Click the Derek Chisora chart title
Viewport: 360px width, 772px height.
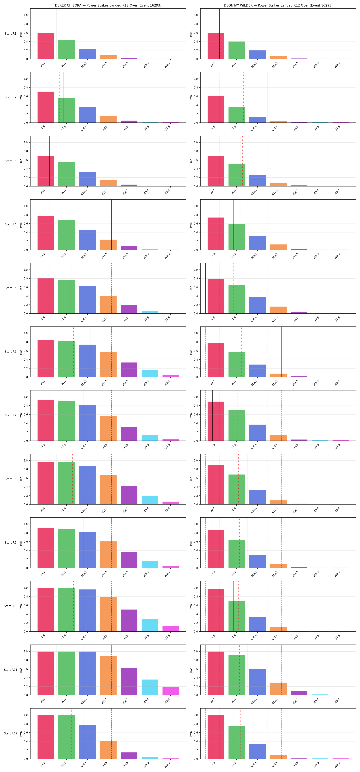[108, 5]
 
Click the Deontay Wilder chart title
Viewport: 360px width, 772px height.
[278, 5]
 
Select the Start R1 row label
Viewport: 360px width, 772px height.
[10, 34]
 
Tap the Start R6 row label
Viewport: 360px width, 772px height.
[10, 352]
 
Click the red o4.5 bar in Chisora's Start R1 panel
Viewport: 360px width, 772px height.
[46, 46]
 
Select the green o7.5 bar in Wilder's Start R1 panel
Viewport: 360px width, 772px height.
[237, 50]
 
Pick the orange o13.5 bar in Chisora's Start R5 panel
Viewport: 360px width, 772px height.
[108, 305]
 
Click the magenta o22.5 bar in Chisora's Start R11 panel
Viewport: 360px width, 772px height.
[171, 691]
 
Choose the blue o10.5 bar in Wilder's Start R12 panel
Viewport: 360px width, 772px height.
[257, 751]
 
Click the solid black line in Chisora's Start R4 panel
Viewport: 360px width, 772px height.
[112, 224]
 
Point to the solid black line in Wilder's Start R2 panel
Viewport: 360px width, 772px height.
[268, 97]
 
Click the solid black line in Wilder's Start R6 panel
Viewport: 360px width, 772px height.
[281, 352]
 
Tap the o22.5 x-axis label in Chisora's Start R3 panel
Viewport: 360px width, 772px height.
[167, 192]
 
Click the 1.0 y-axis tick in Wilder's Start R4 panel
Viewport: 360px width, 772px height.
[196, 206]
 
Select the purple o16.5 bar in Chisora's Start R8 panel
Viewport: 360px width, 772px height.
[129, 495]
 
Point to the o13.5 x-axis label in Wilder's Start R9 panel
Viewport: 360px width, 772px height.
[275, 574]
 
